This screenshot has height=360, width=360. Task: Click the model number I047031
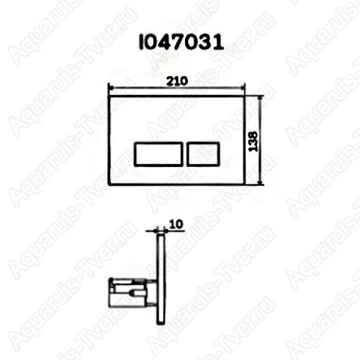tap(181, 43)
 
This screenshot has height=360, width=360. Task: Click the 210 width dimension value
tap(177, 81)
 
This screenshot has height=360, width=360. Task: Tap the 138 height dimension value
tap(253, 141)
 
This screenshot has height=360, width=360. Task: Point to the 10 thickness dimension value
tap(176, 225)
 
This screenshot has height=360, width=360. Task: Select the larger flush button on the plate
tap(158, 154)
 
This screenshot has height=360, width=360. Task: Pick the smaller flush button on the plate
tap(203, 154)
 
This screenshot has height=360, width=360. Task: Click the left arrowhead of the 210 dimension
tap(110, 87)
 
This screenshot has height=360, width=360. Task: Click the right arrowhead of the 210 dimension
tap(243, 88)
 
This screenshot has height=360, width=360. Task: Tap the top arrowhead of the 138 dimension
tap(260, 98)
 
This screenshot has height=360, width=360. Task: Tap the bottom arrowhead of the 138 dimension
tap(260, 182)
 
